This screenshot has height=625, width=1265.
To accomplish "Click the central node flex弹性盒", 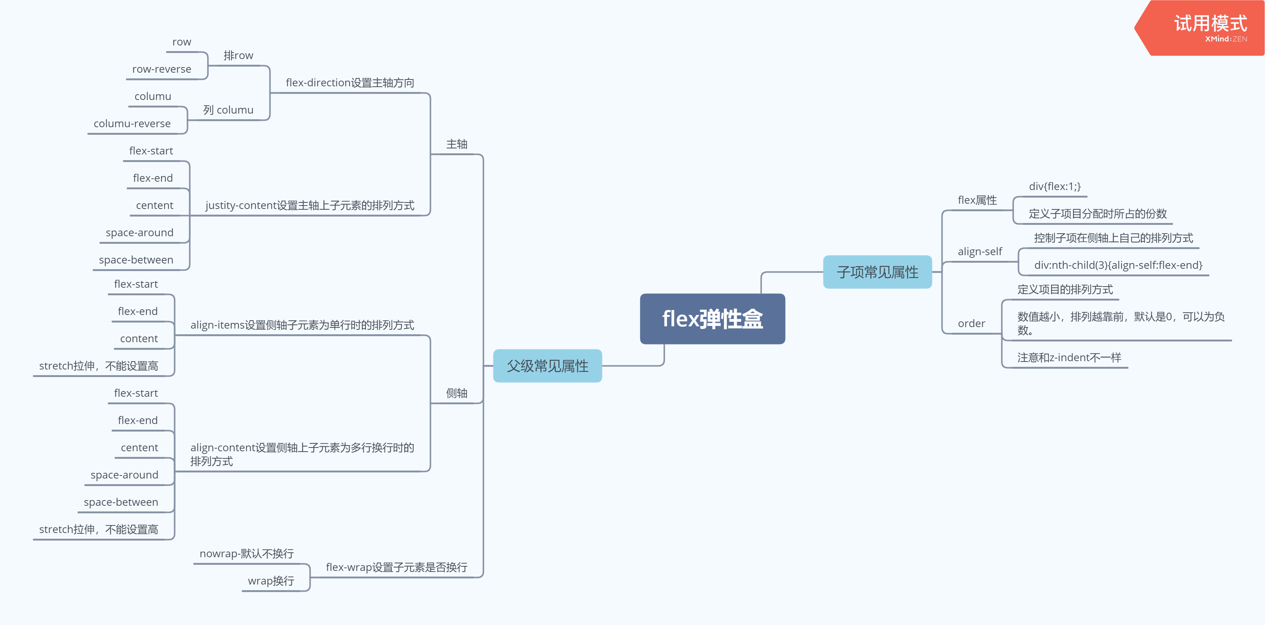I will point(712,319).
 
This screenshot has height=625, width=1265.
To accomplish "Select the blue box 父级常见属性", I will point(547,366).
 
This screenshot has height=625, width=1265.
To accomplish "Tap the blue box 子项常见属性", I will point(877,272).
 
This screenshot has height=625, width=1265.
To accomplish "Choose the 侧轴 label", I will point(456,393).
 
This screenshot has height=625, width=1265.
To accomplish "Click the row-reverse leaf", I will point(162,69).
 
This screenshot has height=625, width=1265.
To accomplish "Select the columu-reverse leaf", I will point(132,124).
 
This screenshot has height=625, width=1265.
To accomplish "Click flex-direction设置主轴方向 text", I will point(350,83).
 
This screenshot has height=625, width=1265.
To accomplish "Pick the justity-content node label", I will point(310,206).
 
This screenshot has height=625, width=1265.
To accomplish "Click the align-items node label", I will point(302,325).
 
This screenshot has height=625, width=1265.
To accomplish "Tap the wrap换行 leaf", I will point(271,581).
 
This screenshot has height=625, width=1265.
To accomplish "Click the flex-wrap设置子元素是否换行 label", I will point(396,567).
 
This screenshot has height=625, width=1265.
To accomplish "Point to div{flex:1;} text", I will point(1054,187).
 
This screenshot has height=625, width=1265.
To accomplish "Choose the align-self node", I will point(980,252).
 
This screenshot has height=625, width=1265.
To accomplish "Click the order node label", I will point(971,324).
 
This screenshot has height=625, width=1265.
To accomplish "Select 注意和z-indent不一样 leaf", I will point(1069,358).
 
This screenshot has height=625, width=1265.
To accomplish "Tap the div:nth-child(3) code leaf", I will point(1118,265).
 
